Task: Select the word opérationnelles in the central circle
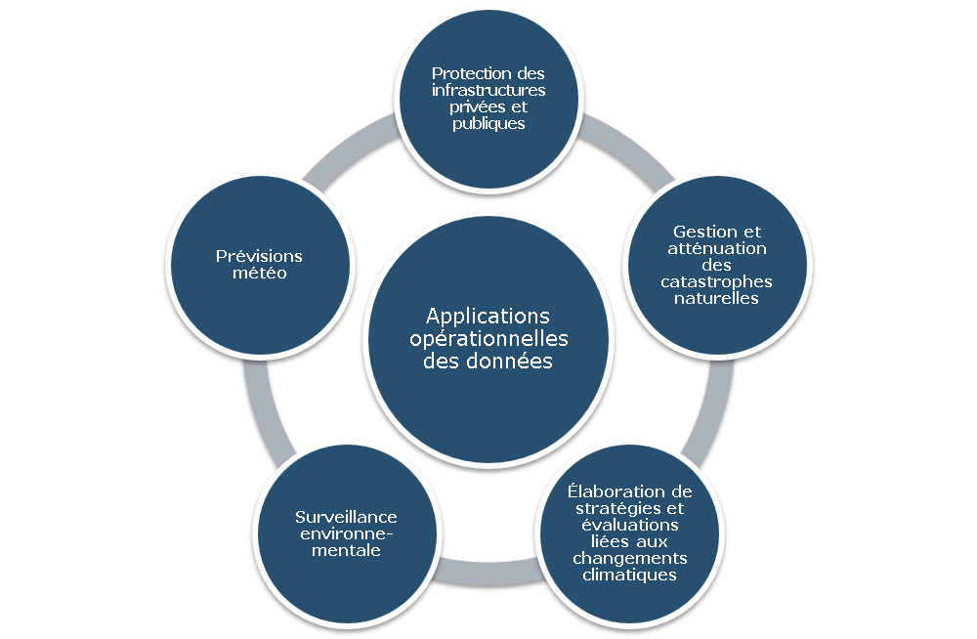coord(488,339)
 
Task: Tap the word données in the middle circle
coord(514,361)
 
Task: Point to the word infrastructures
coord(488,91)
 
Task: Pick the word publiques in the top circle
coord(488,124)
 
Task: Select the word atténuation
coord(717,249)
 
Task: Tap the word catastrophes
coord(717,282)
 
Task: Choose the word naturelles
coord(717,299)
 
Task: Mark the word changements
coord(629,558)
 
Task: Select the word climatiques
coord(629,575)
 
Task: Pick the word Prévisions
coord(259,257)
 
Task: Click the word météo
coord(259,274)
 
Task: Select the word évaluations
coord(629,525)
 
